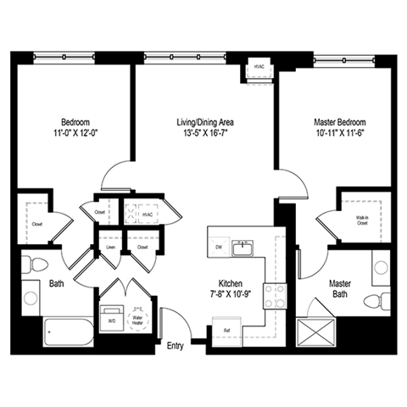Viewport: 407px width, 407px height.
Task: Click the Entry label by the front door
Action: click(x=176, y=345)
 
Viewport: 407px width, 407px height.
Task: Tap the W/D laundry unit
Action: click(x=111, y=321)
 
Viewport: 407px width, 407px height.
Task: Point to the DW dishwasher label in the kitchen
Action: click(x=218, y=247)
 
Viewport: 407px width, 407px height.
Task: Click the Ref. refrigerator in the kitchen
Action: click(x=228, y=329)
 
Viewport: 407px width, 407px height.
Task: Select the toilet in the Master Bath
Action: click(x=372, y=299)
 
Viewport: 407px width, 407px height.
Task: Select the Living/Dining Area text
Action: click(x=202, y=120)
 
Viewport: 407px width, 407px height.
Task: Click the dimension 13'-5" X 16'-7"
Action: click(x=202, y=131)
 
